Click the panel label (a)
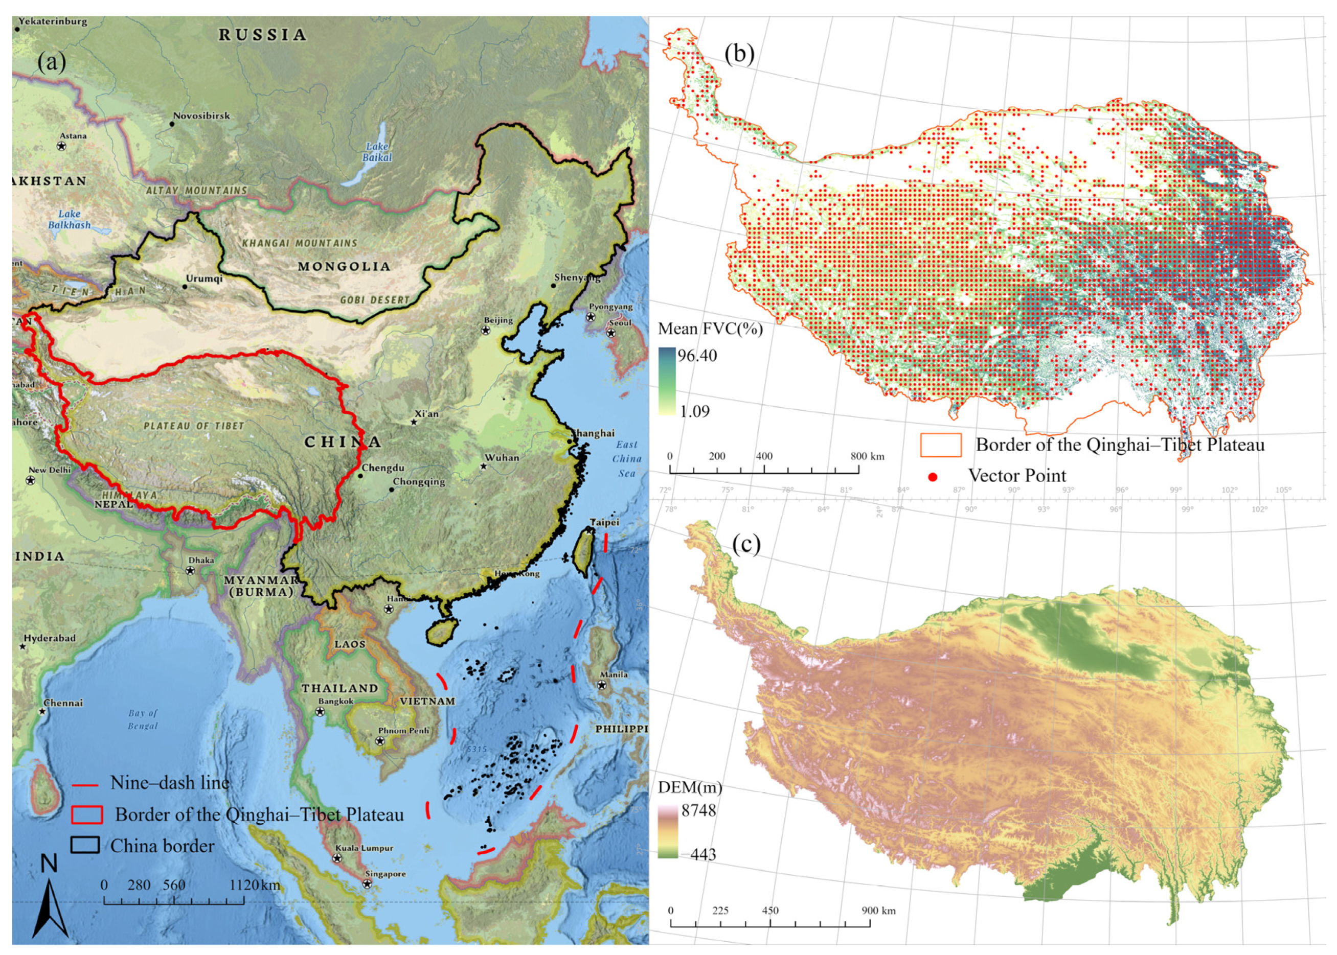click(x=52, y=61)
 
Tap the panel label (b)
click(x=739, y=54)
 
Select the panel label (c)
click(x=745, y=544)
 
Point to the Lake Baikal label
click(x=377, y=152)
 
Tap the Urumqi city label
click(x=204, y=278)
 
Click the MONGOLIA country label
click(x=344, y=266)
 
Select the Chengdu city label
click(x=382, y=468)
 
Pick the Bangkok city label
click(x=336, y=701)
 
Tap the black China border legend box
click(x=85, y=845)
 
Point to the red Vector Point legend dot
click(x=932, y=477)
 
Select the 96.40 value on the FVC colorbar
click(x=697, y=355)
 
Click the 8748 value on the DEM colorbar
click(x=698, y=810)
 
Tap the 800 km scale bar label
click(x=867, y=456)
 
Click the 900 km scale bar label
click(x=878, y=911)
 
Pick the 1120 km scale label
click(x=255, y=885)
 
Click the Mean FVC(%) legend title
click(x=710, y=329)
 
